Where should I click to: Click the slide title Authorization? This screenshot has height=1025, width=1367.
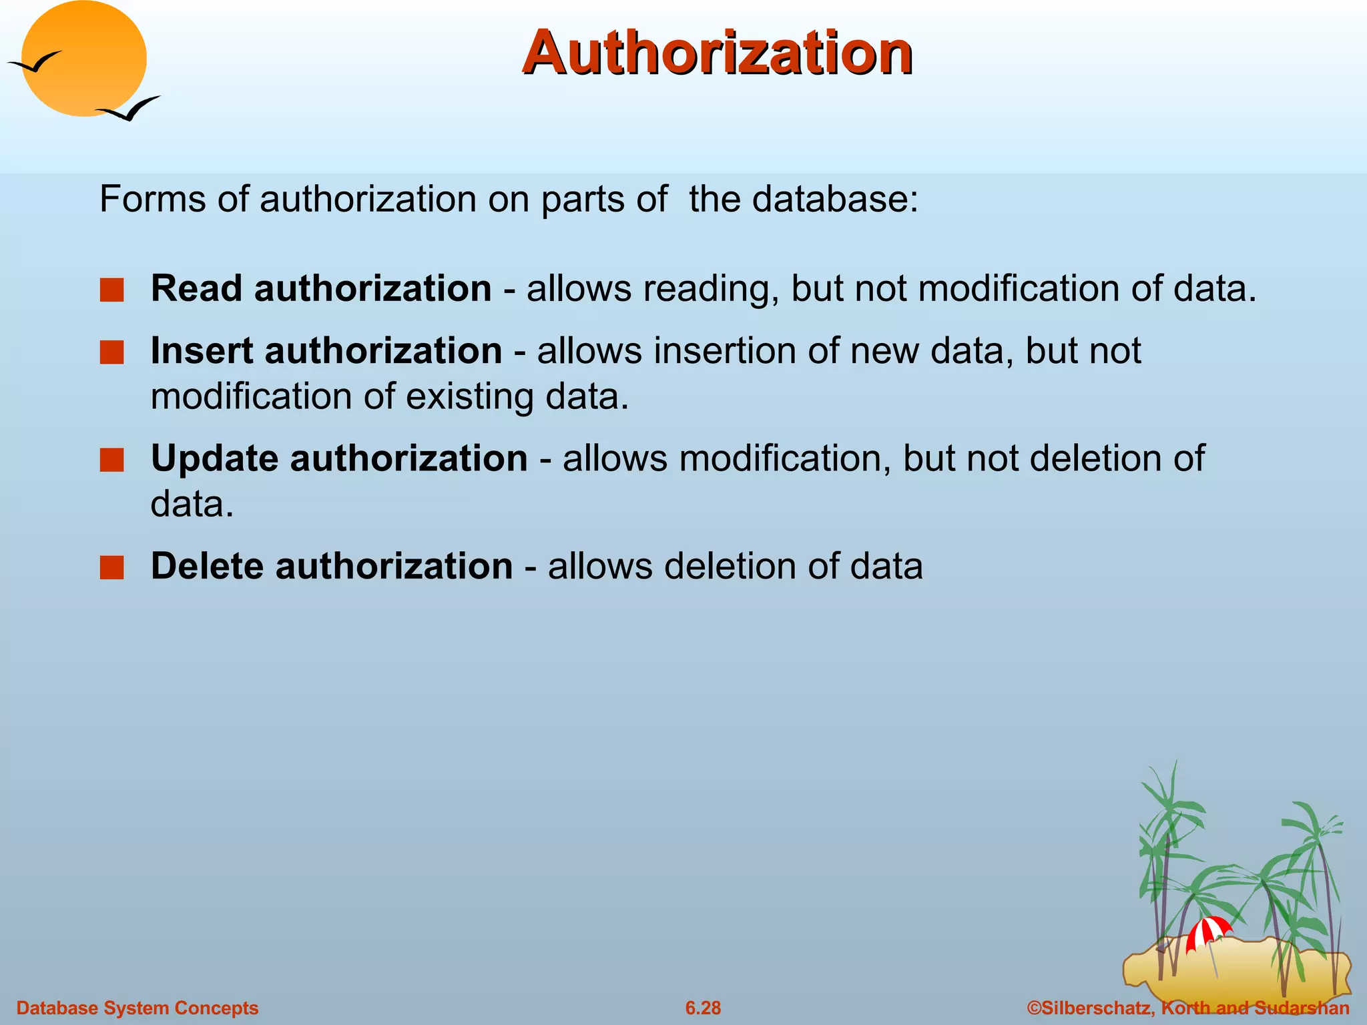(718, 53)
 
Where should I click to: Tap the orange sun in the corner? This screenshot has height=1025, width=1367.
(83, 59)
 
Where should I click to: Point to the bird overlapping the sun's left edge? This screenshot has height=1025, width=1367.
(35, 63)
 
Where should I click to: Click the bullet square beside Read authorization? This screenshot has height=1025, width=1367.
(111, 290)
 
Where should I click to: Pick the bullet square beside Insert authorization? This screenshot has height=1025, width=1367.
(111, 352)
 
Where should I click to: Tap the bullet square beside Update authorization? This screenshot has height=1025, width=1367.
(111, 460)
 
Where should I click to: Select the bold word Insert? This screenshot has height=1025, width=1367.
(202, 351)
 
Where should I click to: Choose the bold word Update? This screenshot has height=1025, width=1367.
(214, 459)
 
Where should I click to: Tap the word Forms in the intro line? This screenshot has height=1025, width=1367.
(152, 199)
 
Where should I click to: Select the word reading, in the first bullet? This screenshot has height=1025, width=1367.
(711, 290)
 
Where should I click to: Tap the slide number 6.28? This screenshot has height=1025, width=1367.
(703, 1008)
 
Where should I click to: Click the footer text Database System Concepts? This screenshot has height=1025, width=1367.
(137, 1008)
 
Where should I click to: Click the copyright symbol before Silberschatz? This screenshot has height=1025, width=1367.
(1034, 1008)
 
